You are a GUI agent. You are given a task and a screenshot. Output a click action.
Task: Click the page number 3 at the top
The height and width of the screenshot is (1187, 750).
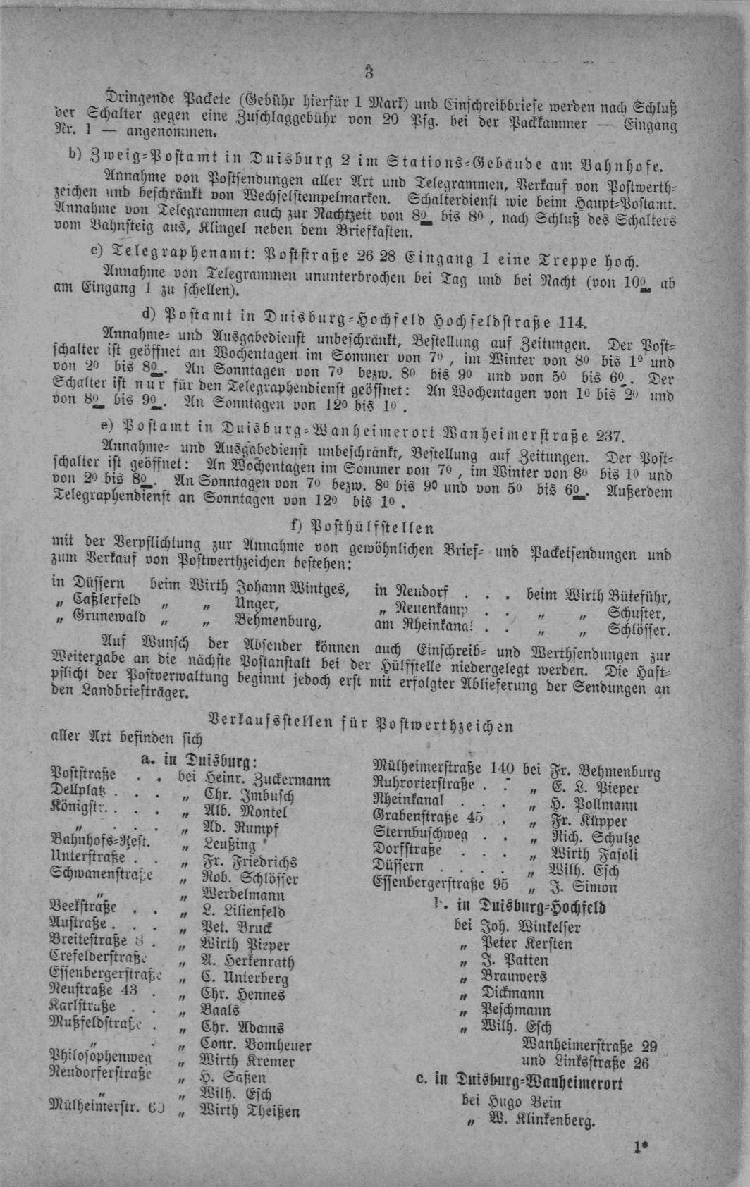(x=369, y=73)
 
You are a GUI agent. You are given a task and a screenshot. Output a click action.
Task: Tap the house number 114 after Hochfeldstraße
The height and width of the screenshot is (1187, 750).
(x=571, y=323)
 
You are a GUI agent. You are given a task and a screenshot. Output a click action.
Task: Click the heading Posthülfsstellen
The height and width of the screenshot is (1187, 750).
(x=362, y=528)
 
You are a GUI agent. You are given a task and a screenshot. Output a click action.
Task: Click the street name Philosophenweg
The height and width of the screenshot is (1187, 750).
(x=100, y=1057)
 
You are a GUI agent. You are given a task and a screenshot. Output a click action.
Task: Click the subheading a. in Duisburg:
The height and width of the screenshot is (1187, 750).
(x=199, y=760)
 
